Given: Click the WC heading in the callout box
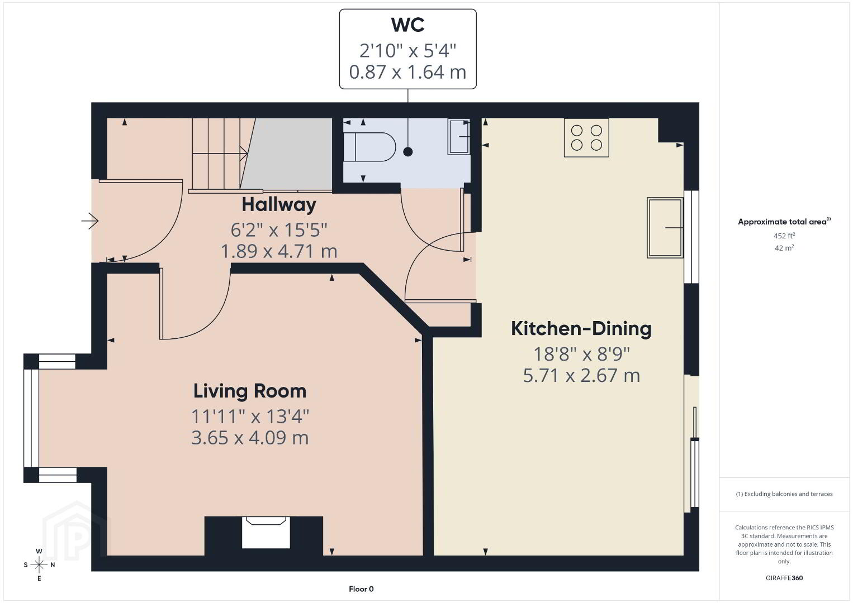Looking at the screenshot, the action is pos(407,25).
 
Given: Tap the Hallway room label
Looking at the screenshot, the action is pos(279,205).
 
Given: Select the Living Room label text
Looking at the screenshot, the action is pos(250,391).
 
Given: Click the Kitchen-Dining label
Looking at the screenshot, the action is pos(581,329).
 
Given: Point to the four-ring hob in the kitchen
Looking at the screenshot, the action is pos(586,138).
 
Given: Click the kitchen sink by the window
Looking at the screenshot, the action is pos(665,227).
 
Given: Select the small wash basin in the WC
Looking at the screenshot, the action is pos(459,136).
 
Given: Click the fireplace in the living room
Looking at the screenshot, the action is pos(266,532).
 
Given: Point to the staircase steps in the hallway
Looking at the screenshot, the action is pos(223,154).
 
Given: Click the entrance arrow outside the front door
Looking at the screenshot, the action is pos(90,221).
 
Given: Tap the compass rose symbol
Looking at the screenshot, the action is pos(39,564).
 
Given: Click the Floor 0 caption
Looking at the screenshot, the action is pos(361,589).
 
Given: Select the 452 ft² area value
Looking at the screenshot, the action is pos(784,236).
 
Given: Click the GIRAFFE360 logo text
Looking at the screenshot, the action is pos(784,578).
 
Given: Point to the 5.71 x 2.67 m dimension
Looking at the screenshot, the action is pos(581,376).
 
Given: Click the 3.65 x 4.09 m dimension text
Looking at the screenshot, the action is pos(250,438).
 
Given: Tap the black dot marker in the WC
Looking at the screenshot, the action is pos(408,152).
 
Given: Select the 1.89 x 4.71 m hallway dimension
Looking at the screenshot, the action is pos(279,251).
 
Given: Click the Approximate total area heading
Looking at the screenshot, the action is pos(784,222).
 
